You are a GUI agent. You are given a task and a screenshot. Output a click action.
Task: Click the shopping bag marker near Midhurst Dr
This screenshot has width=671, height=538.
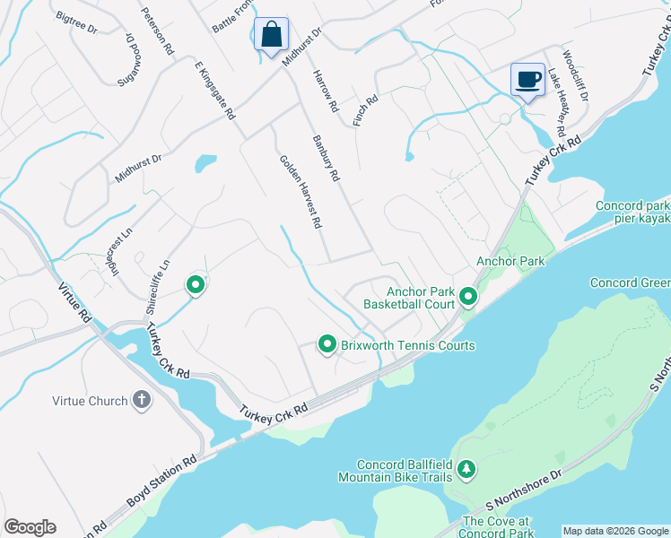(271, 35)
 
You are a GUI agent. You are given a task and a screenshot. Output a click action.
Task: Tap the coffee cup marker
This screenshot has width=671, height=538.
(528, 79)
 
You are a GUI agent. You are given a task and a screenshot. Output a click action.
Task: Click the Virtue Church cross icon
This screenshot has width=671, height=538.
(141, 401)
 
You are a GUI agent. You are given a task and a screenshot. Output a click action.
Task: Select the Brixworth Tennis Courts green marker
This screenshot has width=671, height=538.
(327, 344)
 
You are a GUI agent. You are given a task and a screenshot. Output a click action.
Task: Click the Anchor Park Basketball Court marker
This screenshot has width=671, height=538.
(467, 296)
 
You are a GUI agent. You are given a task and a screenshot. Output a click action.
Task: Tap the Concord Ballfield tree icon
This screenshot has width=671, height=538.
(466, 469)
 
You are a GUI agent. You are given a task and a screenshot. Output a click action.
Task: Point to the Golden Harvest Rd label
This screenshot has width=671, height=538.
(301, 192)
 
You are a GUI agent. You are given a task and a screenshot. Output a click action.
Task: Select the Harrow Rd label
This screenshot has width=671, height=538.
(325, 91)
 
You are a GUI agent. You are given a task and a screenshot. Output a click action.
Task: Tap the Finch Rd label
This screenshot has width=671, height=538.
(365, 110)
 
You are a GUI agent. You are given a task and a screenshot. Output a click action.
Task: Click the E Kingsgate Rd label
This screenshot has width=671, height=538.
(214, 91)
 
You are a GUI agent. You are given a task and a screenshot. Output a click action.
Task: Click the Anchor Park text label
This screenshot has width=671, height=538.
(510, 261)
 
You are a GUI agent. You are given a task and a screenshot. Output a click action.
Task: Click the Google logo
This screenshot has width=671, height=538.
(30, 527)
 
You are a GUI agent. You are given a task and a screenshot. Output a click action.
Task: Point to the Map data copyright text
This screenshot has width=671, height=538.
(615, 531)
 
